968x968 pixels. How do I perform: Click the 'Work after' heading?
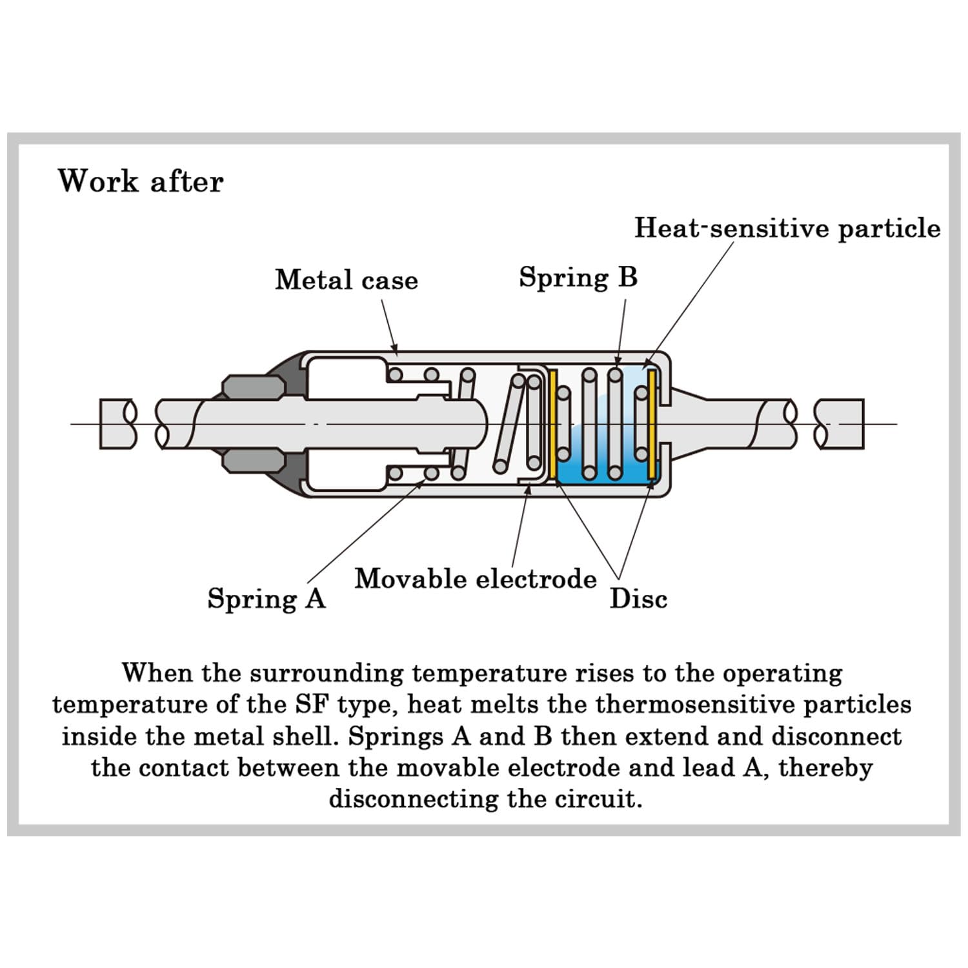pos(141,181)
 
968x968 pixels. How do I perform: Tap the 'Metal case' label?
pos(347,280)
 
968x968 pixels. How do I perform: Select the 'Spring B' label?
pos(578,277)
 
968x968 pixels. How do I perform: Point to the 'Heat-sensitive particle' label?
pos(787,228)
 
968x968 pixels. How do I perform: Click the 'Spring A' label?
pos(267,599)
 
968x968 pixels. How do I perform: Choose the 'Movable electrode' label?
pos(476,579)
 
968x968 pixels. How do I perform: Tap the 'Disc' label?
pos(638,599)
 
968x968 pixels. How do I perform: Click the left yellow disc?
pos(553,424)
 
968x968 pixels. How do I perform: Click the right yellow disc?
pos(652,424)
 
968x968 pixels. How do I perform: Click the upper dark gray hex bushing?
pos(253,387)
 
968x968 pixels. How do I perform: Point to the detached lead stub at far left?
pos(118,424)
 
